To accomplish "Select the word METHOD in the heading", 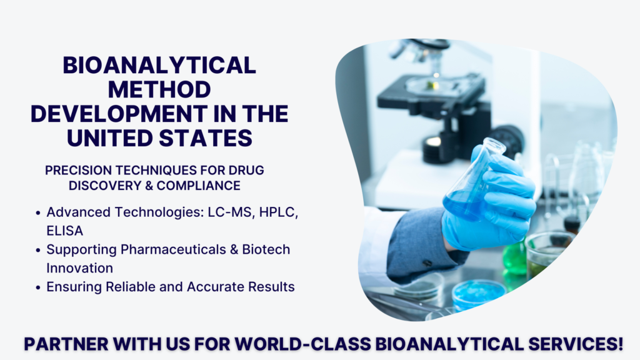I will [x=159, y=89].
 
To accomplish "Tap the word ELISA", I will [x=64, y=230].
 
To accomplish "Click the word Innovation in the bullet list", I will [x=79, y=267].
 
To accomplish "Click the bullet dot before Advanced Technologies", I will [x=39, y=213].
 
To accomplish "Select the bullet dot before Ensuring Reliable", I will [x=39, y=287].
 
